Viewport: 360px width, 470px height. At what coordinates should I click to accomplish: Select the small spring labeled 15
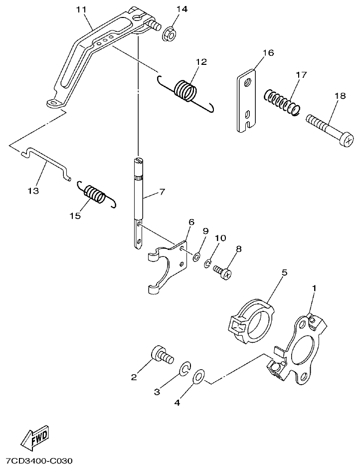[x=95, y=194]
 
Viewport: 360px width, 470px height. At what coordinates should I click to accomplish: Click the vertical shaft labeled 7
[x=139, y=200]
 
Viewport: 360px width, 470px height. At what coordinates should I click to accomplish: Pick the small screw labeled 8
[x=223, y=271]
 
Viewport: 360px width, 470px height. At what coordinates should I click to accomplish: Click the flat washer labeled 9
[x=196, y=257]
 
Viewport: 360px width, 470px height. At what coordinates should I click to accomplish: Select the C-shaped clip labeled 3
[x=184, y=369]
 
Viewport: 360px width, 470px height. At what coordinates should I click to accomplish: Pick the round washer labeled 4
[x=198, y=376]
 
